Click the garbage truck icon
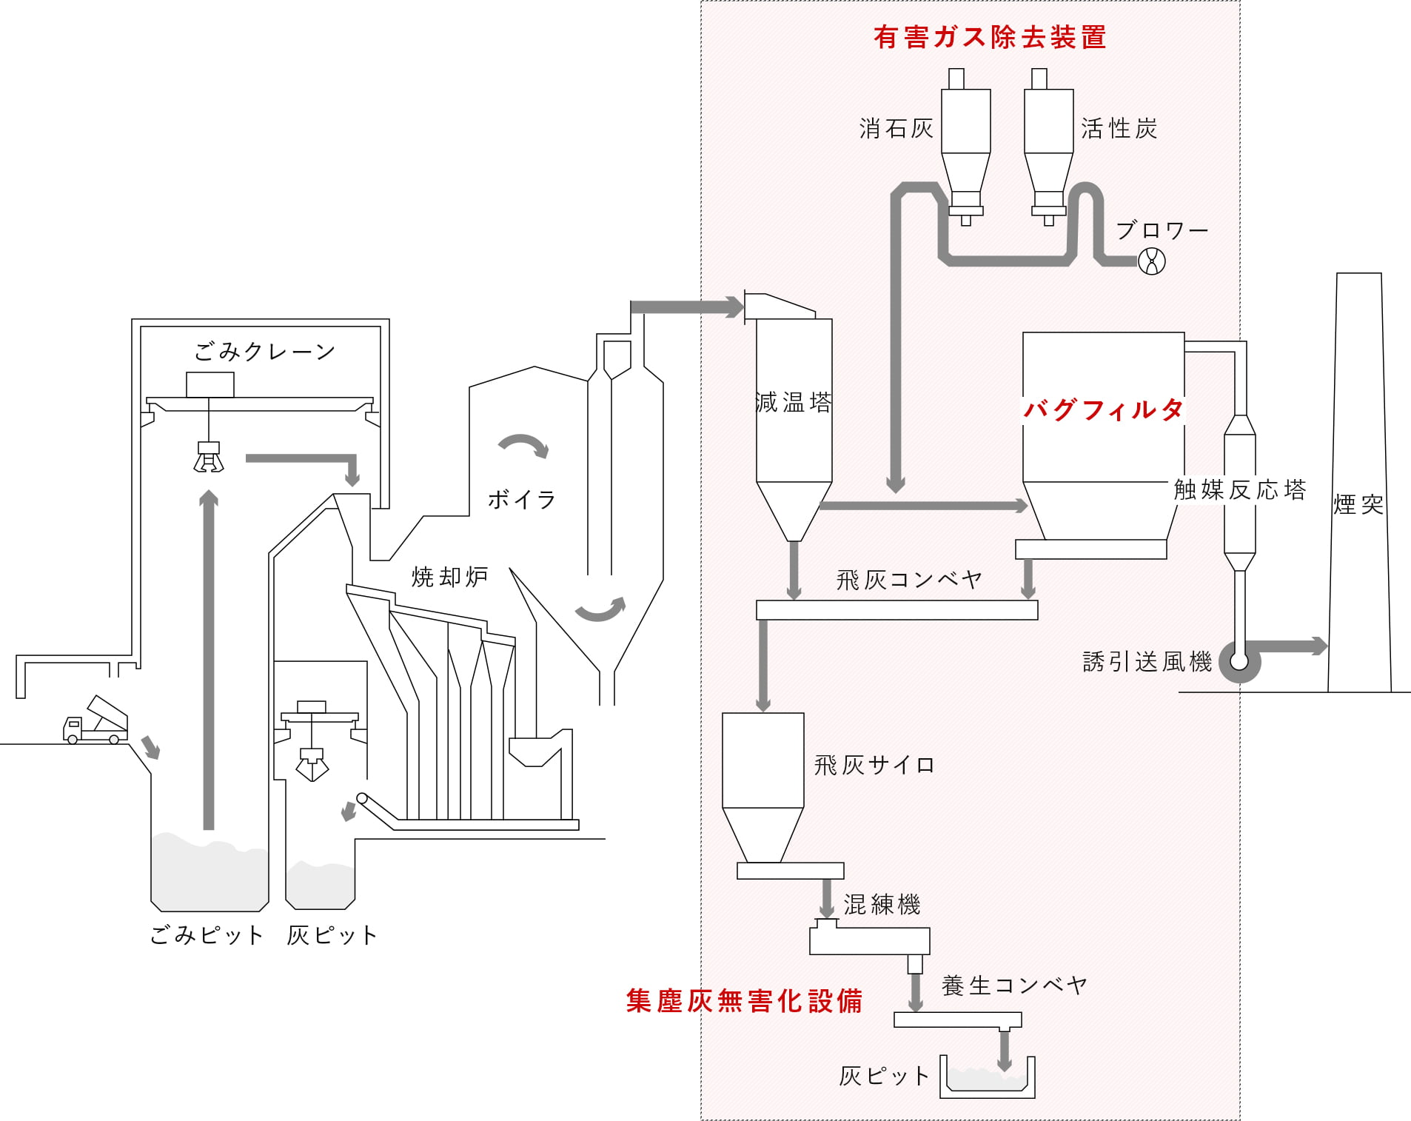(x=95, y=720)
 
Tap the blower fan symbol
(x=1152, y=261)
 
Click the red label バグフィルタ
(x=1103, y=409)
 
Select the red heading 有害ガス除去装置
(x=990, y=37)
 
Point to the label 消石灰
(x=896, y=129)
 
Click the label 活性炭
(x=1119, y=129)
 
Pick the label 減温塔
(x=794, y=403)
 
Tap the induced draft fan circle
(x=1239, y=661)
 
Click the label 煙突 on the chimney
(x=1358, y=505)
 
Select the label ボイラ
(x=522, y=500)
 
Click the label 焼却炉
(x=449, y=577)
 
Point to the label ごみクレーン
(x=265, y=352)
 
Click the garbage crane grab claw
(x=208, y=458)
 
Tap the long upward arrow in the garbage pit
(x=209, y=659)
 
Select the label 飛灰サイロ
(x=874, y=765)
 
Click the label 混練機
(x=882, y=904)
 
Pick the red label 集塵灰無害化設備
(x=744, y=1001)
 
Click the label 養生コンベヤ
(x=1014, y=986)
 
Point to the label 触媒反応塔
(x=1240, y=489)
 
